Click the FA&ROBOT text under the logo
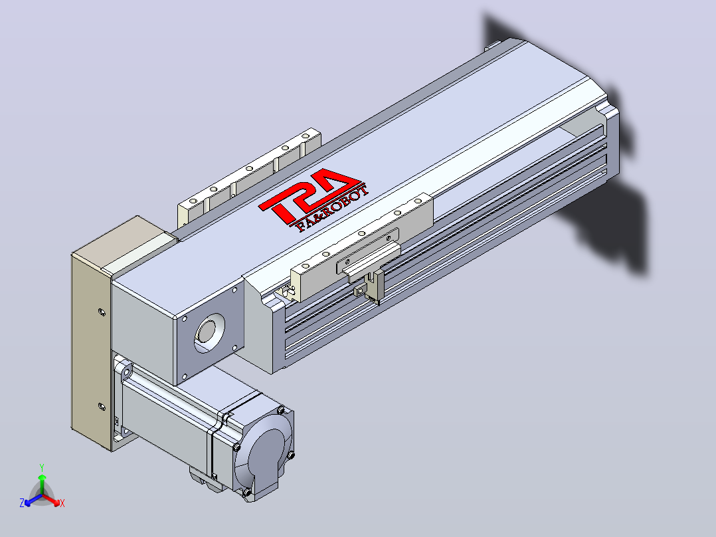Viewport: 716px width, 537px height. click(x=332, y=209)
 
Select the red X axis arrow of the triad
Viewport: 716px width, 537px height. click(x=51, y=500)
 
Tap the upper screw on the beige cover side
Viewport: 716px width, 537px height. click(x=102, y=312)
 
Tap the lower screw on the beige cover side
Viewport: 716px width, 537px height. click(x=102, y=406)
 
